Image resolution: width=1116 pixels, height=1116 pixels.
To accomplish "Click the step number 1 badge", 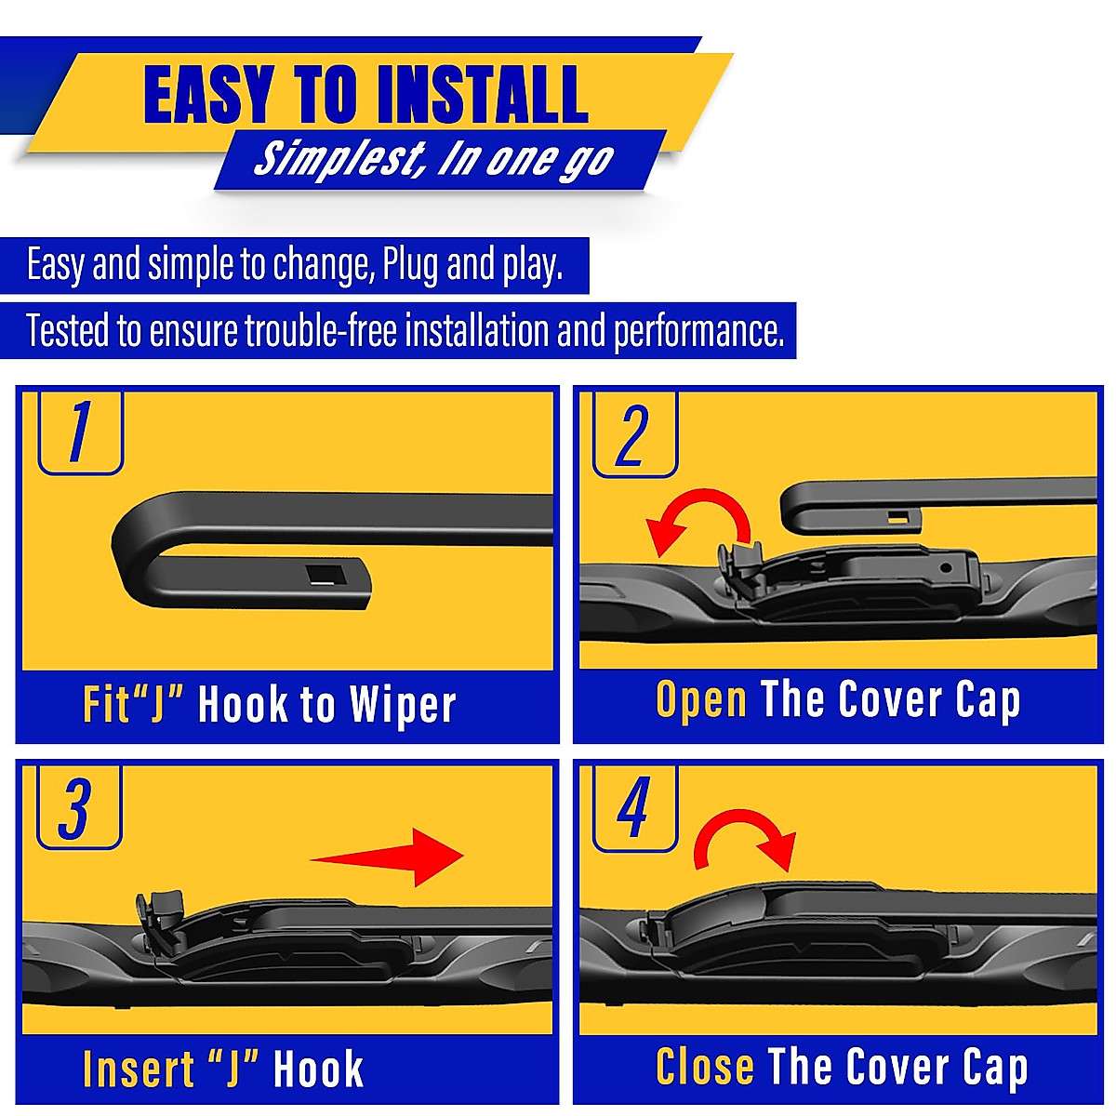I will pyautogui.click(x=80, y=432).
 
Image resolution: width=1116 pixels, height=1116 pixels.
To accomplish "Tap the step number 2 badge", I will pyautogui.click(x=634, y=434).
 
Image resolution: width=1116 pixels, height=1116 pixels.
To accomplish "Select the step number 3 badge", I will pyautogui.click(x=78, y=807).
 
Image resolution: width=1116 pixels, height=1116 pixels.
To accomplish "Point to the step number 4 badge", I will pyautogui.click(x=634, y=807).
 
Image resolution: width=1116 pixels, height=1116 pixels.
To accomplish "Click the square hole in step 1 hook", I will pyautogui.click(x=326, y=574).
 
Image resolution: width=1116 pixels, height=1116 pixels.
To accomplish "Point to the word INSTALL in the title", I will pyautogui.click(x=475, y=95).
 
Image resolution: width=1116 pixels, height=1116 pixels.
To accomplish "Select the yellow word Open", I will pyautogui.click(x=701, y=700).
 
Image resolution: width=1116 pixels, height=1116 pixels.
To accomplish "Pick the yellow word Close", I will pyautogui.click(x=704, y=1067).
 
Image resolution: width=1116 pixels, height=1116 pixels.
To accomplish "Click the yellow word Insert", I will pyautogui.click(x=139, y=1069).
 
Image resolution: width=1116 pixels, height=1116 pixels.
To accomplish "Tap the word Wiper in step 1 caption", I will pyautogui.click(x=403, y=705).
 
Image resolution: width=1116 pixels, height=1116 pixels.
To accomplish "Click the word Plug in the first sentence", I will pyautogui.click(x=410, y=266).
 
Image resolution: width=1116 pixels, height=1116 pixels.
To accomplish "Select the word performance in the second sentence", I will pyautogui.click(x=698, y=332).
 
